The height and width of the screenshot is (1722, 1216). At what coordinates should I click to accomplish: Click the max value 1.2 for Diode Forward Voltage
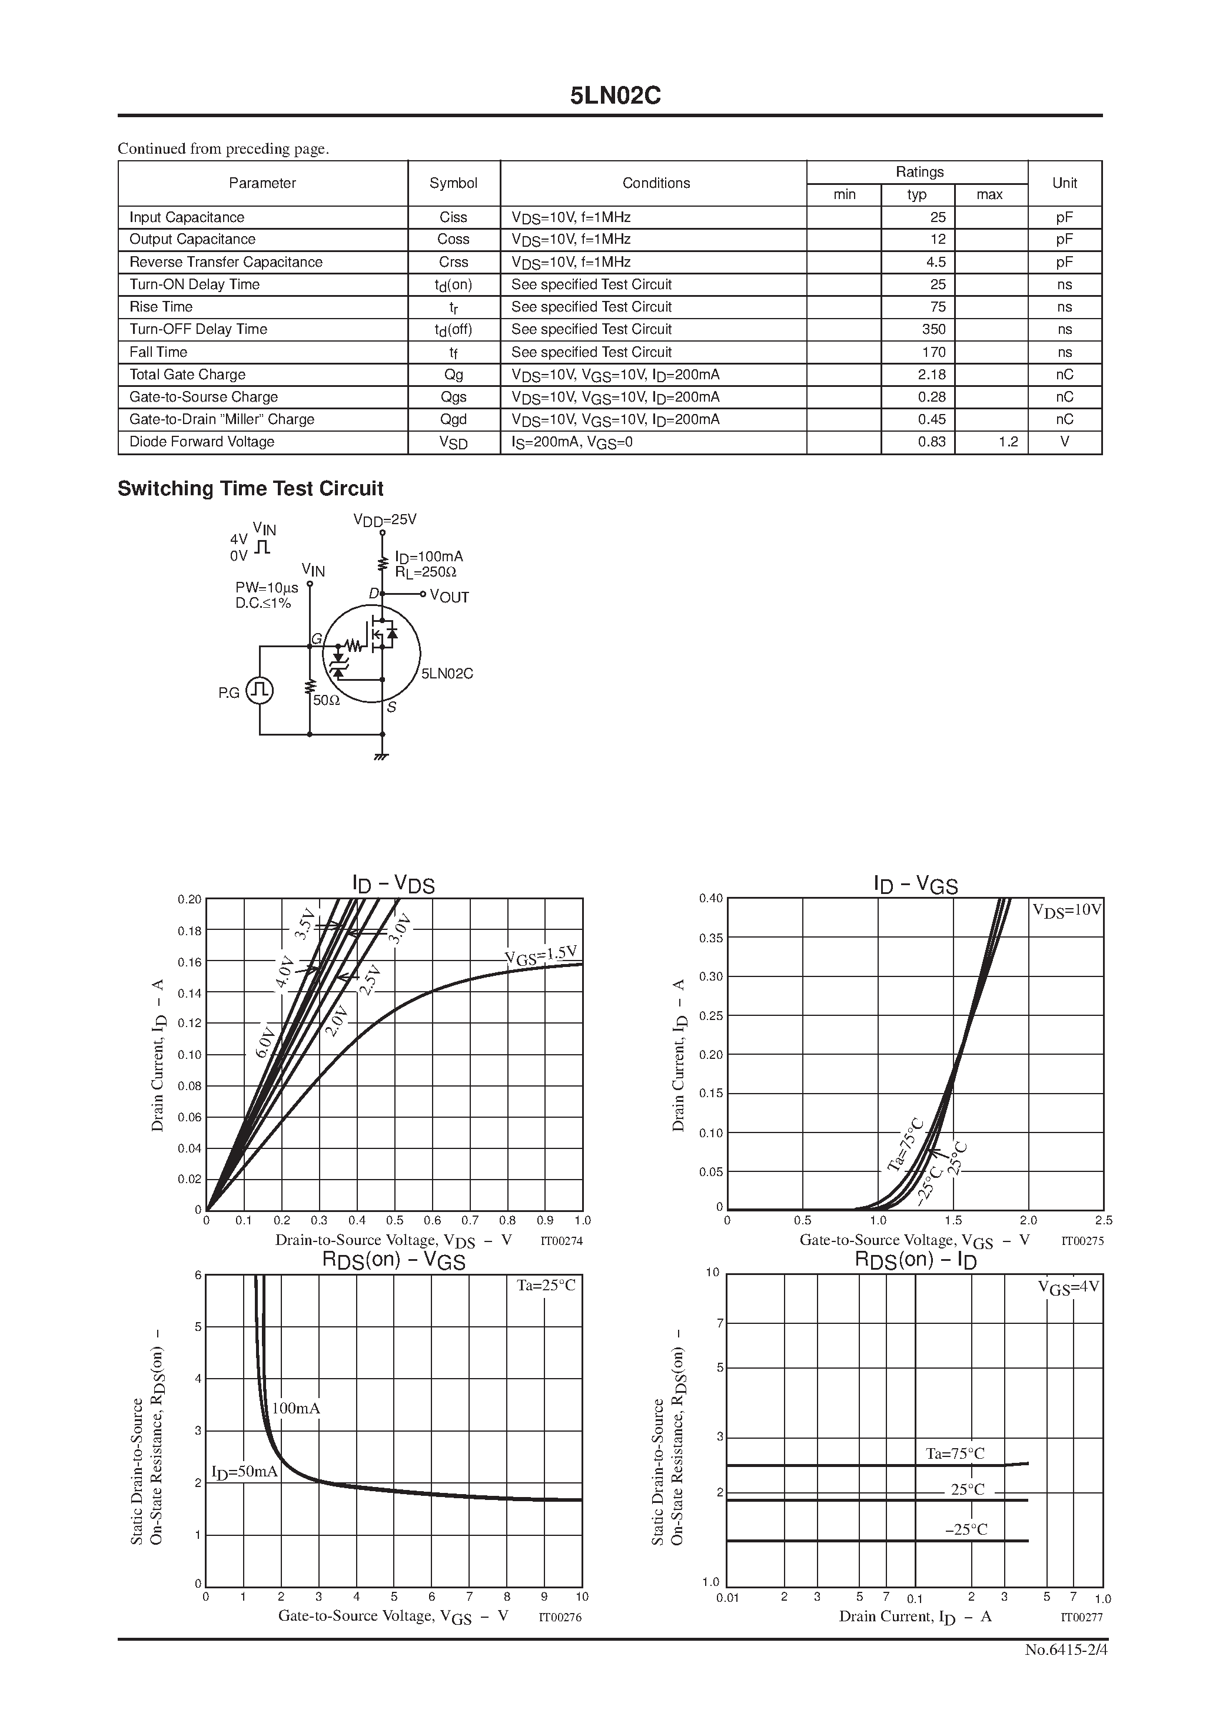click(x=1008, y=442)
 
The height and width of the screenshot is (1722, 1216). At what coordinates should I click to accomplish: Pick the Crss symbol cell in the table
click(x=454, y=261)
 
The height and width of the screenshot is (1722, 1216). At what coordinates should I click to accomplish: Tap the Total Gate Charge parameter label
click(x=187, y=374)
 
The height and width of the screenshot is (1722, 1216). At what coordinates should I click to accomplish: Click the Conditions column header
click(x=656, y=183)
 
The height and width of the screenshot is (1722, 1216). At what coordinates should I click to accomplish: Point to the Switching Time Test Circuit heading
click(x=250, y=488)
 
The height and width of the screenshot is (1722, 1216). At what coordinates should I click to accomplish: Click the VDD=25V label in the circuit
click(x=384, y=520)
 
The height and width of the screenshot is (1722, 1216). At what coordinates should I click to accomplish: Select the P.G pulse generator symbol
click(x=260, y=691)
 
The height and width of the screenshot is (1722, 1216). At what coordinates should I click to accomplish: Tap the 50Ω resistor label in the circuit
click(x=326, y=700)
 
